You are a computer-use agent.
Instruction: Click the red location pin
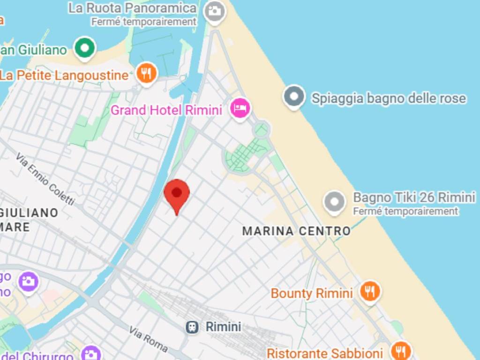[x=177, y=194]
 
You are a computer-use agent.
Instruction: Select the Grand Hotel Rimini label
[x=166, y=111]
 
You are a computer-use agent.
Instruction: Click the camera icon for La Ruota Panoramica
[x=215, y=10]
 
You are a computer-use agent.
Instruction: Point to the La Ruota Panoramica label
[x=132, y=8]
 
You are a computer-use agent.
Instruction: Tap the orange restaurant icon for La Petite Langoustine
[x=147, y=73]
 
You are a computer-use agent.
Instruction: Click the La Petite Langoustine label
[x=64, y=75]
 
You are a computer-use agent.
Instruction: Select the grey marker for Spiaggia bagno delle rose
[x=294, y=96]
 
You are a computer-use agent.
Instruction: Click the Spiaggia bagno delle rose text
[x=389, y=98]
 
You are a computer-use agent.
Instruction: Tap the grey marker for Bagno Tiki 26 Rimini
[x=335, y=202]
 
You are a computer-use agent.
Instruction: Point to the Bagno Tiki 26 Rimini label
[x=414, y=197]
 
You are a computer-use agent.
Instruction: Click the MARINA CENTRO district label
[x=296, y=231]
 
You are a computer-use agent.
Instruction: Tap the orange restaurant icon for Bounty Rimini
[x=370, y=292]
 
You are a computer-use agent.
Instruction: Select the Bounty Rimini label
[x=312, y=294]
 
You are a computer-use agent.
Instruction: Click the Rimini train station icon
[x=191, y=327]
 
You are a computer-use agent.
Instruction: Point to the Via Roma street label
[x=148, y=339]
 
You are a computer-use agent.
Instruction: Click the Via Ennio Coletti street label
[x=45, y=179]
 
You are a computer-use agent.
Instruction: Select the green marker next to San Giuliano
[x=85, y=48]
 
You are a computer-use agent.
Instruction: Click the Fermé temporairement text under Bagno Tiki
[x=405, y=211]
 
